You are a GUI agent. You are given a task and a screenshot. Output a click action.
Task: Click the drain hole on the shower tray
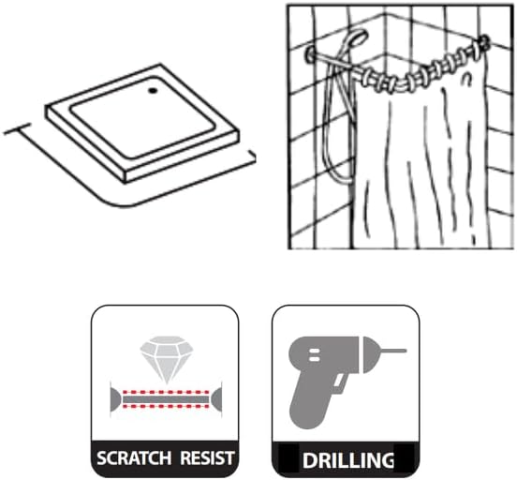tap(153, 90)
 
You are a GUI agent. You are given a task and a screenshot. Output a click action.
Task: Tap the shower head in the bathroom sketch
tap(356, 38)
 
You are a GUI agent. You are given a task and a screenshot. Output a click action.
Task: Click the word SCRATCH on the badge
tap(134, 458)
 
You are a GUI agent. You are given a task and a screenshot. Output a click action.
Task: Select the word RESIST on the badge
tap(207, 458)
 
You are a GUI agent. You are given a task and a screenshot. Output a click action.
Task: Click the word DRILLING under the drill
tap(348, 460)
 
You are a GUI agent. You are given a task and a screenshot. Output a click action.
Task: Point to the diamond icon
tap(167, 359)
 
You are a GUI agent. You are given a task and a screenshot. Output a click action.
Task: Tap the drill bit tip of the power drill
tap(405, 351)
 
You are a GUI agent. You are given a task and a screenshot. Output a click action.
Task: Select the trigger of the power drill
tap(339, 385)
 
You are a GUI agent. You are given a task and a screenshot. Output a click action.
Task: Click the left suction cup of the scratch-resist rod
tap(115, 399)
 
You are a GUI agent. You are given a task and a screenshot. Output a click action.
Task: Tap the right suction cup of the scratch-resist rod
tap(216, 399)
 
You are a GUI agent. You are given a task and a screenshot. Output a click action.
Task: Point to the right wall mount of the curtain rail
tap(485, 42)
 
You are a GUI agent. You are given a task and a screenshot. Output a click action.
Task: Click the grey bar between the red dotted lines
tap(166, 399)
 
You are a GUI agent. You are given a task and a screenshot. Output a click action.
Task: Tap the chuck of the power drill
tap(371, 355)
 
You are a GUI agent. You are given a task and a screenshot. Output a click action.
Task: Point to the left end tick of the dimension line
tap(17, 129)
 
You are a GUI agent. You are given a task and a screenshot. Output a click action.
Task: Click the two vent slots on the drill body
tap(314, 354)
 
